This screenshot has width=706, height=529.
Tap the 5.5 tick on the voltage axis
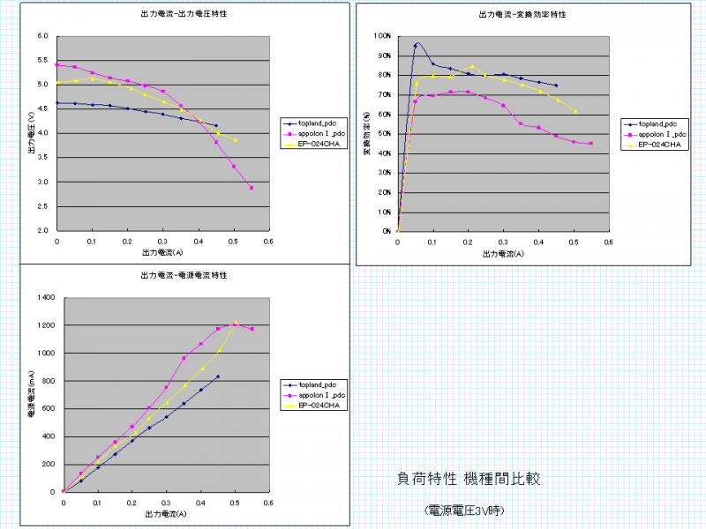click(43, 61)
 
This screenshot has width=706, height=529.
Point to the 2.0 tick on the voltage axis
click(43, 231)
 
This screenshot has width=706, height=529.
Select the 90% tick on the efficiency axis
click(383, 56)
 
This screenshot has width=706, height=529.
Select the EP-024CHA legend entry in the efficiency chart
click(658, 143)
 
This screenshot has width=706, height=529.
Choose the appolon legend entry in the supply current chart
click(319, 395)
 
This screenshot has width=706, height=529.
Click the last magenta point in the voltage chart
click(252, 188)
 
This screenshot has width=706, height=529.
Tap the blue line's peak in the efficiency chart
click(416, 45)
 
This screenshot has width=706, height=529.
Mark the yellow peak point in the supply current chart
click(236, 323)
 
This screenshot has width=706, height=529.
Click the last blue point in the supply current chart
click(218, 376)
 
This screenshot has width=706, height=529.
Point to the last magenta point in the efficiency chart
click(590, 144)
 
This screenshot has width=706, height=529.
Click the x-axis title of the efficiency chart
click(503, 254)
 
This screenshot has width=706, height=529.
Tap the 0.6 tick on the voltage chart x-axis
click(268, 241)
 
